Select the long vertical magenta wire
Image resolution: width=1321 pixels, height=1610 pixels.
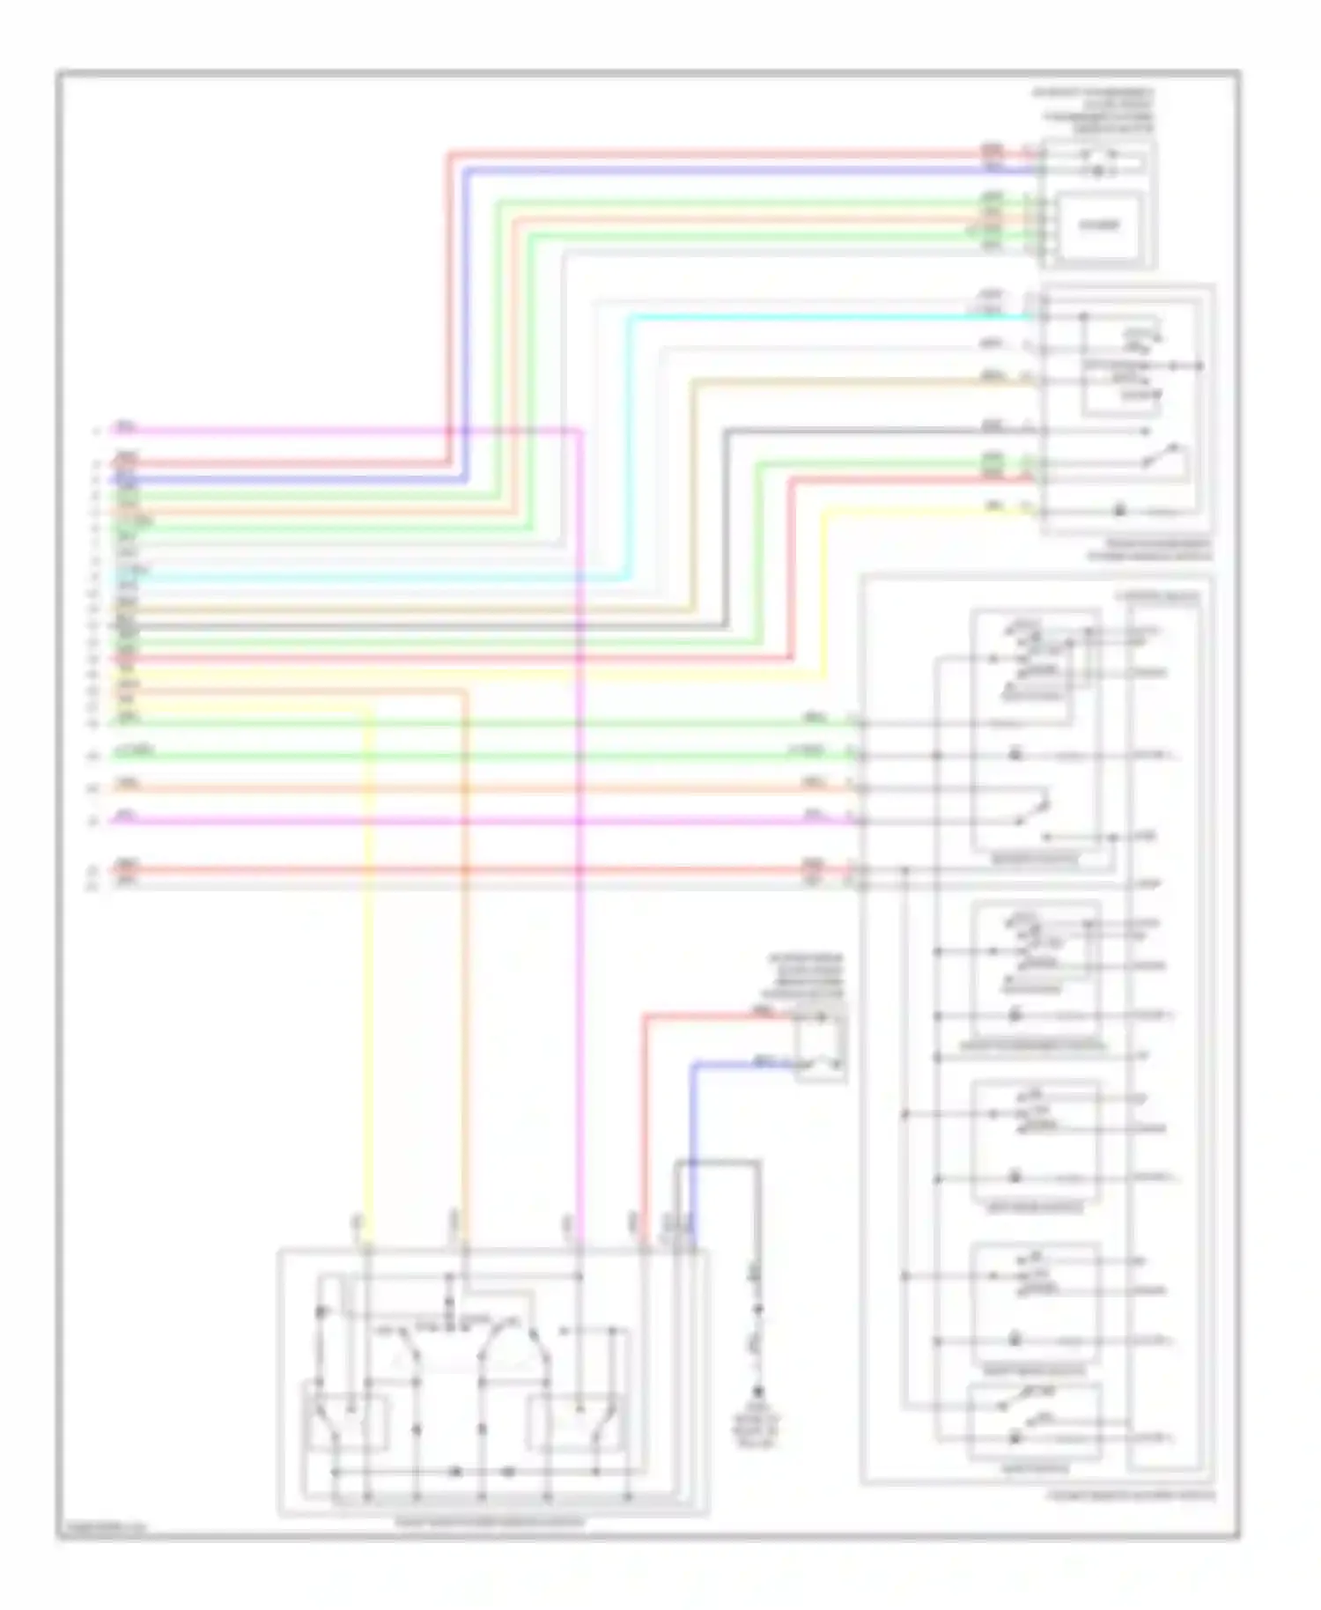(579, 969)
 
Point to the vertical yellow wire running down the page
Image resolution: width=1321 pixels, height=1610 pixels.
(369, 969)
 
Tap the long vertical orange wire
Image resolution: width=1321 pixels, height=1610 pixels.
(465, 969)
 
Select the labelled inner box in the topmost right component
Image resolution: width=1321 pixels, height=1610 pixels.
(1099, 225)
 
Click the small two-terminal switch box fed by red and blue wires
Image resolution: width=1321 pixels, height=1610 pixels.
(820, 1045)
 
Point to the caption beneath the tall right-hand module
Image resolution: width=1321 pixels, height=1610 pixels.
(1132, 1496)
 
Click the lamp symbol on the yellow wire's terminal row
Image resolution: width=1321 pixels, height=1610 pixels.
(1120, 511)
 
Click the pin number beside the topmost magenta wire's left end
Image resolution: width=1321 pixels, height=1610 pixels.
(96, 431)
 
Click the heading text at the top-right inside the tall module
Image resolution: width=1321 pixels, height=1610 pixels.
(1157, 598)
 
